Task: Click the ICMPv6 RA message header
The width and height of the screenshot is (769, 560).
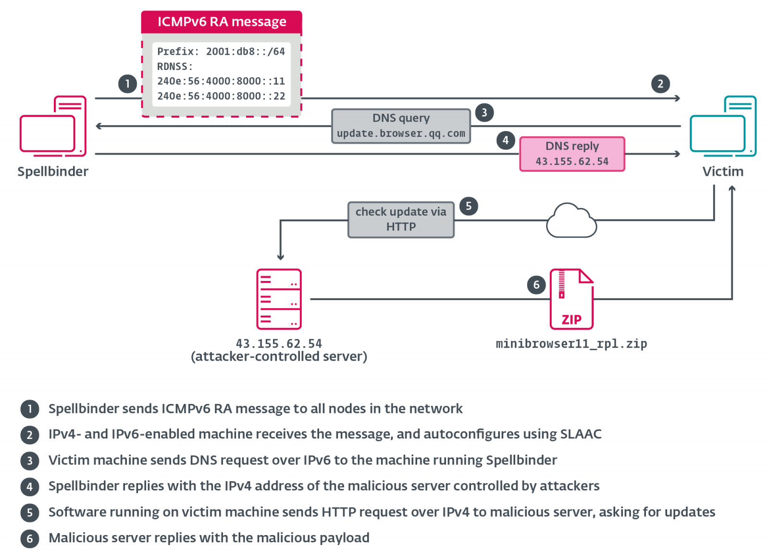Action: [x=222, y=22]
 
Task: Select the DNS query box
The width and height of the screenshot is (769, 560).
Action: [x=401, y=126]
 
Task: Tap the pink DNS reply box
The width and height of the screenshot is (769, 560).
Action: [x=572, y=154]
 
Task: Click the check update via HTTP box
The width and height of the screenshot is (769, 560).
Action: [x=401, y=219]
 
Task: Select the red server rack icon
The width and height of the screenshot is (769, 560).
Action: [x=279, y=299]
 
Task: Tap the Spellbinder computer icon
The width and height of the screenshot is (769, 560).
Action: [x=53, y=126]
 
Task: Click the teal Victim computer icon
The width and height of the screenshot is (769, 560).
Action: [x=723, y=126]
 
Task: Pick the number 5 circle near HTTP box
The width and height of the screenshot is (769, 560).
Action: [x=469, y=206]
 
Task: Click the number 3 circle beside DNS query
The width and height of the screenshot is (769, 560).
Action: [x=484, y=112]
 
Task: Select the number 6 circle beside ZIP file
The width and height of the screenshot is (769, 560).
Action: [x=536, y=285]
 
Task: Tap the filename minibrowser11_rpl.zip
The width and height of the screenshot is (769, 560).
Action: [x=571, y=344]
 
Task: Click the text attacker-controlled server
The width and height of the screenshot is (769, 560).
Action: [x=279, y=357]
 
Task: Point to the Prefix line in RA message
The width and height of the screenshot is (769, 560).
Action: [x=221, y=51]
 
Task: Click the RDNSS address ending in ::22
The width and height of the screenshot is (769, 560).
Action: [x=221, y=96]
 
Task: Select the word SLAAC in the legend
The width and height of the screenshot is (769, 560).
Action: [x=581, y=434]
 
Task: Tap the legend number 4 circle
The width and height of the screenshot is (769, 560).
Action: [x=30, y=487]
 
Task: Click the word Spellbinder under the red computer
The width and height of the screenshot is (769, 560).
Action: [x=53, y=171]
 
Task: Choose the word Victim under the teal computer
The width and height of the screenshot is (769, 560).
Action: [x=723, y=171]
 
